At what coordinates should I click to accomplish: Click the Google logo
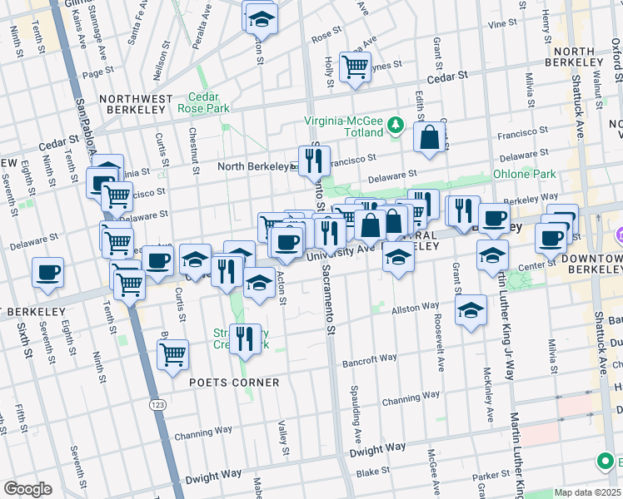[27, 488]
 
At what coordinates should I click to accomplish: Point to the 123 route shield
[157, 404]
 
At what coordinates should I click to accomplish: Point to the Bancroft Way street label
[370, 359]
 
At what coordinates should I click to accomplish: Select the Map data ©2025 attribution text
[587, 492]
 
